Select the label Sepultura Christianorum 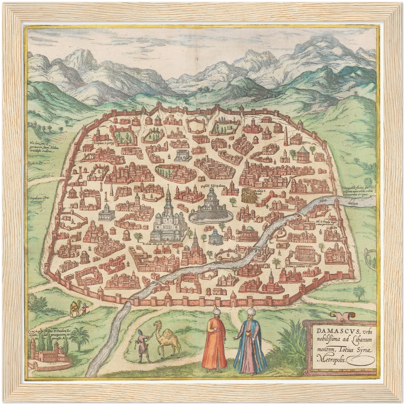click(x=39, y=199)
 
